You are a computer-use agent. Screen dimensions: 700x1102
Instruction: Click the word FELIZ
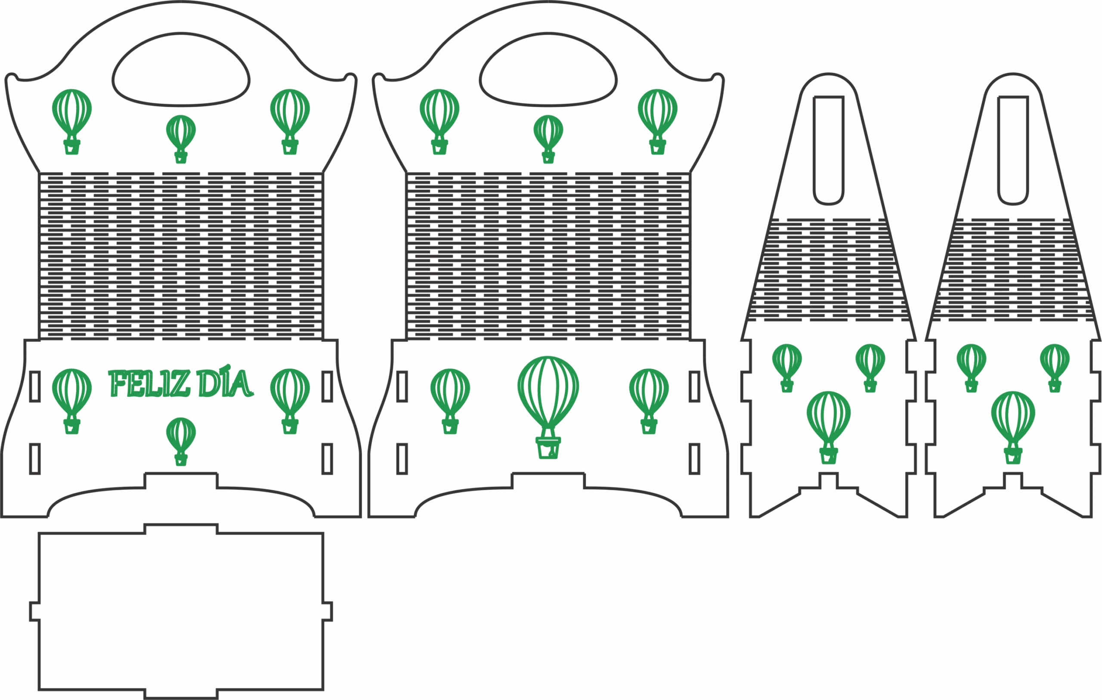point(149,383)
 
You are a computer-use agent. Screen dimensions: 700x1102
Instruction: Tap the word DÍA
point(224,382)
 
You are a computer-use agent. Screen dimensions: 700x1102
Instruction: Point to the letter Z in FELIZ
point(180,384)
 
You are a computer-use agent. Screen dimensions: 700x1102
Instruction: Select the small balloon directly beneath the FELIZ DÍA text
point(181,441)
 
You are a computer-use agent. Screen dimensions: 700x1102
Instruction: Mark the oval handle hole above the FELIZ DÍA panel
point(181,70)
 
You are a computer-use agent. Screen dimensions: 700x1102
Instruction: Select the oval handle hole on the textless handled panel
point(548,70)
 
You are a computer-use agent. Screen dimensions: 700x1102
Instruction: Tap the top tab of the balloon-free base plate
point(181,529)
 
